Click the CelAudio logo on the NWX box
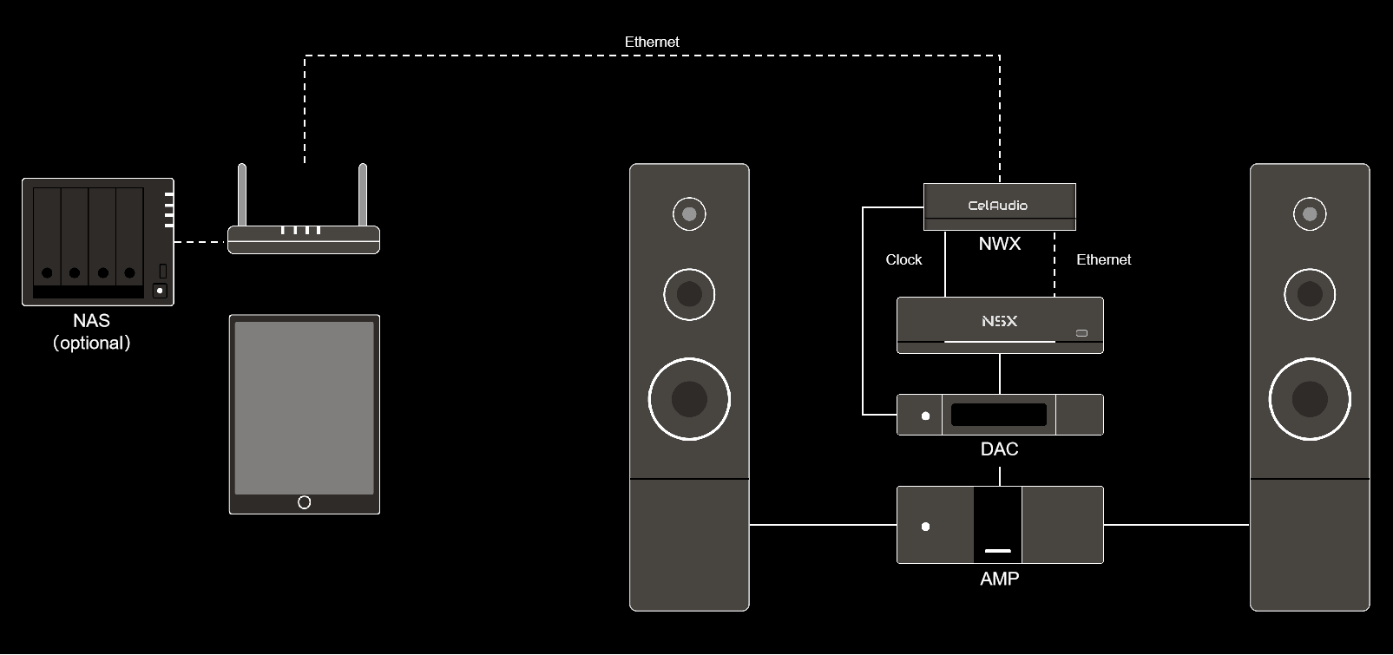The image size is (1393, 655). click(998, 206)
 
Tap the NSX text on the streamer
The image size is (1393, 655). click(999, 321)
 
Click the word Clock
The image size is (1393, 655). click(903, 259)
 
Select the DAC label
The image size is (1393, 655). click(999, 449)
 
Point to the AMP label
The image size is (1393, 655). click(999, 579)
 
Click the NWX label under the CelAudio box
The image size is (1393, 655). click(999, 244)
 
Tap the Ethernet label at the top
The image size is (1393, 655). click(652, 42)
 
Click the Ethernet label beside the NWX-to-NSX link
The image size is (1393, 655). click(1103, 259)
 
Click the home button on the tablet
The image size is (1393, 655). click(304, 502)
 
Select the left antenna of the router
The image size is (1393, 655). click(243, 194)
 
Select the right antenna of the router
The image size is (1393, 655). click(363, 194)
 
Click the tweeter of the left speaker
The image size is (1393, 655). click(689, 213)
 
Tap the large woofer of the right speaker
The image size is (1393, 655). click(1310, 399)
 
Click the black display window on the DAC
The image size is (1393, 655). click(998, 415)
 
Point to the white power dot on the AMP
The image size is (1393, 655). click(926, 527)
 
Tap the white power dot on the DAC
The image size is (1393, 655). click(925, 416)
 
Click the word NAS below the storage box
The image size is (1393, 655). click(91, 322)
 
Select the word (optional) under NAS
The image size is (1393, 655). click(91, 343)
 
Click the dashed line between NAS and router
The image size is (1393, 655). click(200, 242)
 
